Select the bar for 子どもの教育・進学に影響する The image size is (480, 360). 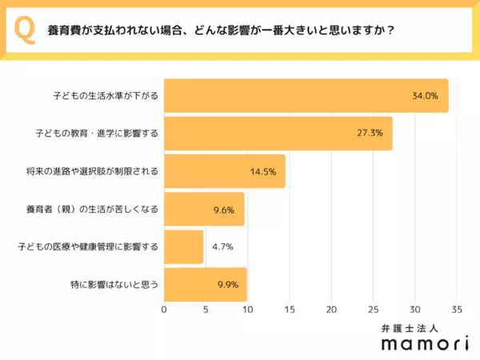278,134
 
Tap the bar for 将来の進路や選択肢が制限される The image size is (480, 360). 224,171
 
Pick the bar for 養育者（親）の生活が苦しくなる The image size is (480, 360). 204,209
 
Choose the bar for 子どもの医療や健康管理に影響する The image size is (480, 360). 183,246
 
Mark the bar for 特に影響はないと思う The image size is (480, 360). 205,284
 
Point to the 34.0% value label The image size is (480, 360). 424,96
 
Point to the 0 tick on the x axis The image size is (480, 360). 164,310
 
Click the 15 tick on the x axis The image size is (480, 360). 290,310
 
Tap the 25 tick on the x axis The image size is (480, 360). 373,310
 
